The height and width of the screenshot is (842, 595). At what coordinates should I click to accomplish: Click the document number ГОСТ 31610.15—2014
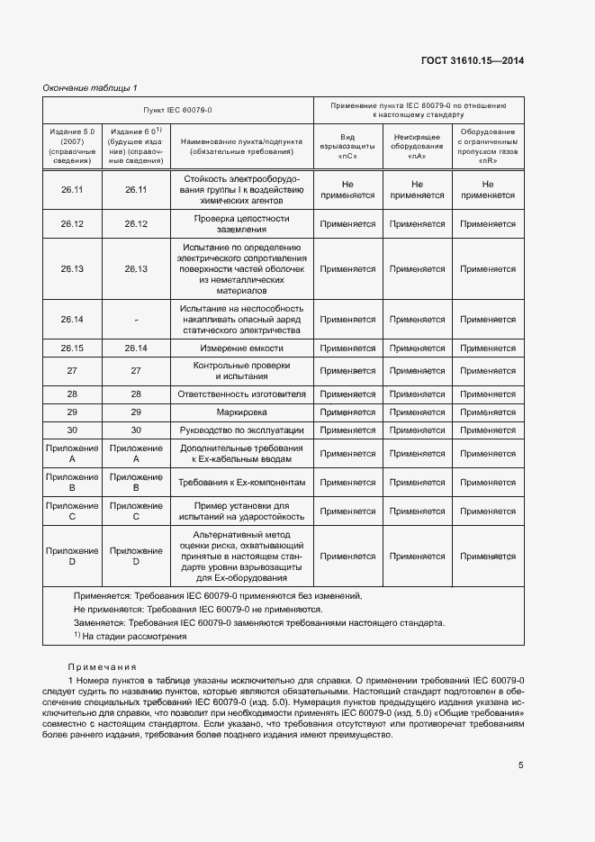[x=473, y=60]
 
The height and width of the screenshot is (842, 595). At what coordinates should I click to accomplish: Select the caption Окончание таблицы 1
[x=90, y=87]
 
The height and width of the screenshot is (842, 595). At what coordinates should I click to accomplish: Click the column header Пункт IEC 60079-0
[x=178, y=110]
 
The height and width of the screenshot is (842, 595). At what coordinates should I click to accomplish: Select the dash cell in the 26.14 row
[x=136, y=320]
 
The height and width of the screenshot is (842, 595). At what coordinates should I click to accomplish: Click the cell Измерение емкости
[x=241, y=349]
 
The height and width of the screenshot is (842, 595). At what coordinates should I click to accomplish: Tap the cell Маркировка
[x=241, y=412]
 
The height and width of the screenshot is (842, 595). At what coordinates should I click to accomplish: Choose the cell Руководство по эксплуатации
[x=241, y=430]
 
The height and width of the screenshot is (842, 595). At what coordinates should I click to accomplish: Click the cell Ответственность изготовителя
[x=241, y=394]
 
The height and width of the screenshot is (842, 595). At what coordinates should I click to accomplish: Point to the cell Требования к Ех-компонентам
[x=241, y=483]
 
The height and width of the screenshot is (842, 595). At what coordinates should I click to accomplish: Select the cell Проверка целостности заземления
[x=241, y=223]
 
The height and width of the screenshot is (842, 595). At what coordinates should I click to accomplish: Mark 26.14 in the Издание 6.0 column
[x=136, y=349]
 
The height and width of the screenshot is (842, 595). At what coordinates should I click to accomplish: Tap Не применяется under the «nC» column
[x=347, y=189]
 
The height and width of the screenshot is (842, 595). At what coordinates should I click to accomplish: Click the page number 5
[x=521, y=765]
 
